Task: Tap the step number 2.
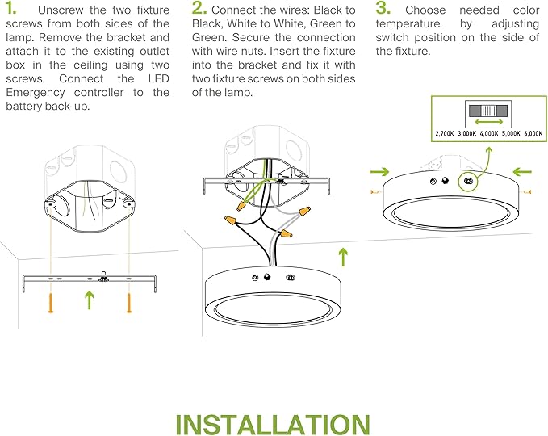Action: pos(199,9)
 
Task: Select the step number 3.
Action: pos(384,9)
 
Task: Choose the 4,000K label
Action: pos(490,133)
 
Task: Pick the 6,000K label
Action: pos(533,133)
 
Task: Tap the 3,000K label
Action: pos(467,133)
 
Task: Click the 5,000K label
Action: pos(512,133)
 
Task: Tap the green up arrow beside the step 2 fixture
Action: pos(343,257)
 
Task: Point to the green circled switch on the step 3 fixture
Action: pos(467,182)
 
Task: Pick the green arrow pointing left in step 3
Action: pos(522,172)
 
